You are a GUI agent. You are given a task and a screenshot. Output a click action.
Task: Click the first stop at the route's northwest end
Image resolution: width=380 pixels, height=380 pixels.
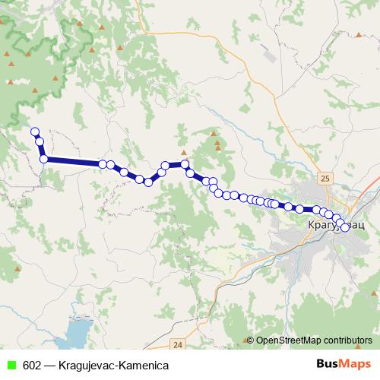point(34,131)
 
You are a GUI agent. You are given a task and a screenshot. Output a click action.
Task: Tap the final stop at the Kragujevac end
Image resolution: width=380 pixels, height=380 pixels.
point(345,227)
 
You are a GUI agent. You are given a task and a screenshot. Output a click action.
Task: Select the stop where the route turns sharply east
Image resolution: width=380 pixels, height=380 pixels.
point(44,158)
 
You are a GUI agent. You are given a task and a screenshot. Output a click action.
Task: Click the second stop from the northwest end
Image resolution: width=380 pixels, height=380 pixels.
point(39,141)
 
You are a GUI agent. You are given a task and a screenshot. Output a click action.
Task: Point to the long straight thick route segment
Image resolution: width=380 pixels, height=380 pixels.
point(73,161)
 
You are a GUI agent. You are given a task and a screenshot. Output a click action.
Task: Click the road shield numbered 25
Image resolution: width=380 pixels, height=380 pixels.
point(325,178)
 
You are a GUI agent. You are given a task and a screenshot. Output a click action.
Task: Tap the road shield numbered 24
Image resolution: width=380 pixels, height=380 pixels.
point(177,344)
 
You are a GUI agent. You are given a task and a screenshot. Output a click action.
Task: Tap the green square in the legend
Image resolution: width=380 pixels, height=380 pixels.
point(10,365)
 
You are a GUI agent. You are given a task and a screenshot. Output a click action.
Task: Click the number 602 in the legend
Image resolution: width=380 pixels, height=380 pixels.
point(33,365)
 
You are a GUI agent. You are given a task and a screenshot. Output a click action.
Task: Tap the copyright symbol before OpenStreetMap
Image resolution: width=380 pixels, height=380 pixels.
point(250,340)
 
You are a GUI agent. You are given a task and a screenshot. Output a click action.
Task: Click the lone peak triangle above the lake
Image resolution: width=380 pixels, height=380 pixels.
point(16,270)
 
